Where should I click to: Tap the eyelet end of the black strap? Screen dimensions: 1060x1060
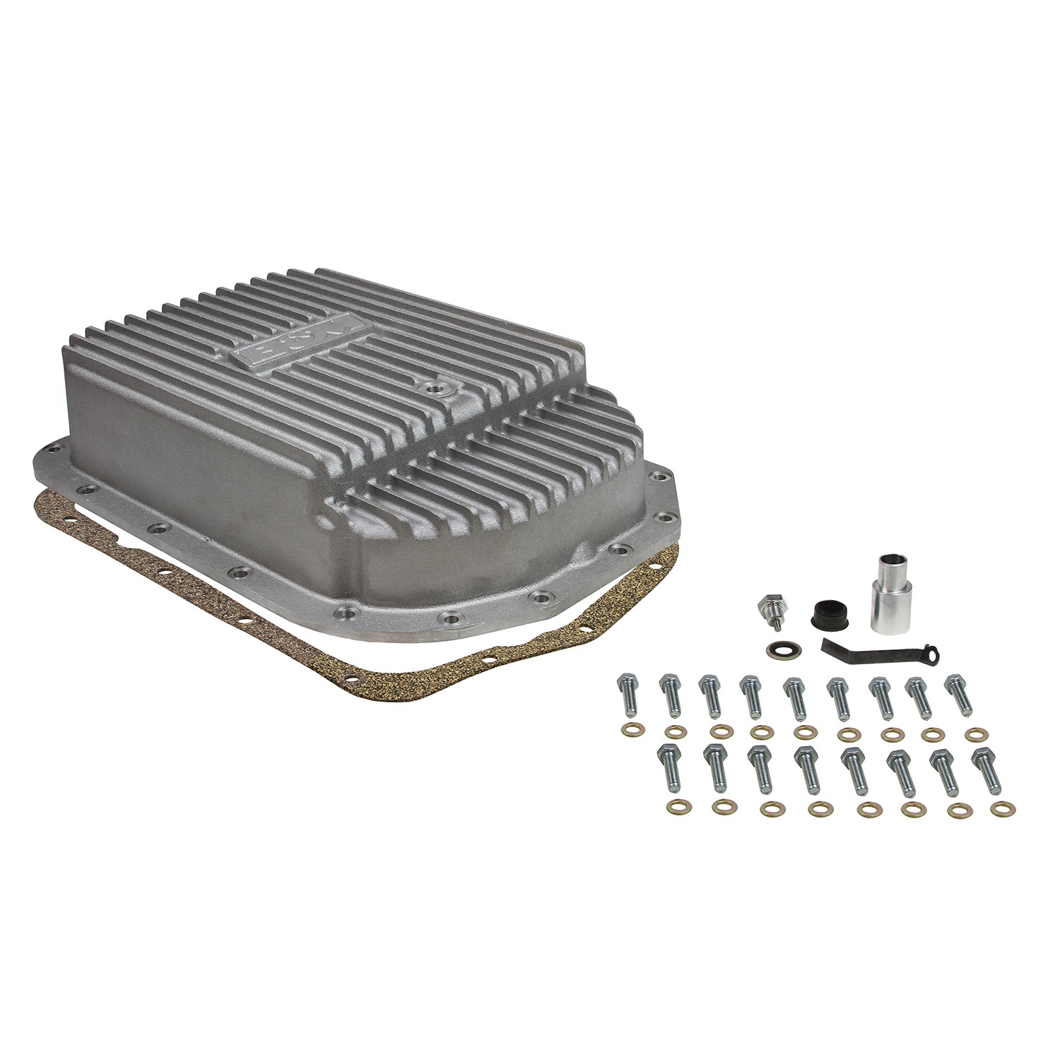[935, 656]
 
